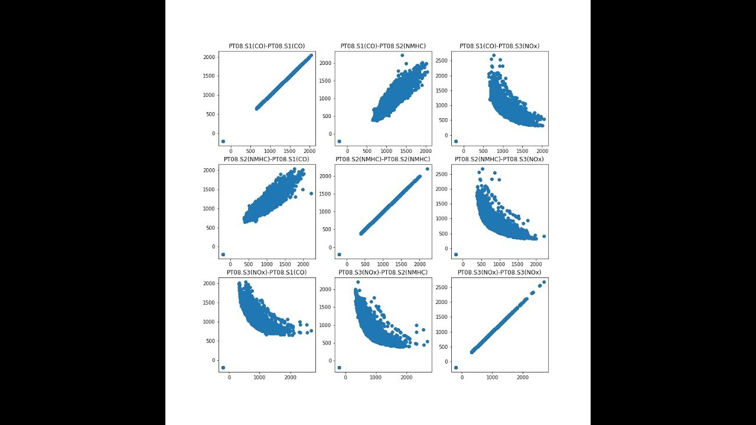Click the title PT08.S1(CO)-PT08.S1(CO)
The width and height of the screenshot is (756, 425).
pos(266,46)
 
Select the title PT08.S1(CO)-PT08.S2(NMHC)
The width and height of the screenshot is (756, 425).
pos(383,46)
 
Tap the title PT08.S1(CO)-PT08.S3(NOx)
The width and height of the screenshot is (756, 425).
pos(500,46)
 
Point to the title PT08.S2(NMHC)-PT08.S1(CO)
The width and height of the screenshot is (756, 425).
pos(266,159)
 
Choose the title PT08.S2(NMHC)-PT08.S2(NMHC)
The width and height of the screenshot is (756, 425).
pos(383,159)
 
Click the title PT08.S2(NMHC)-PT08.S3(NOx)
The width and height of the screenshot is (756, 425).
pos(500,159)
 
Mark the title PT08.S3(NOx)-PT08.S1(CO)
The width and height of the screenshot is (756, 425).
pos(266,272)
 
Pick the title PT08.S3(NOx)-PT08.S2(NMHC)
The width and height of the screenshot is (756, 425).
pos(383,272)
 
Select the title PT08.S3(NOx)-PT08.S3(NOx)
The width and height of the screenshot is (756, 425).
pos(500,272)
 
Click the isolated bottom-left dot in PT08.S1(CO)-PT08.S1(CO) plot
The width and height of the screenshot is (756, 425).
pos(223,142)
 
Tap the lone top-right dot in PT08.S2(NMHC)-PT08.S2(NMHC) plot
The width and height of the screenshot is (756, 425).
pos(427,169)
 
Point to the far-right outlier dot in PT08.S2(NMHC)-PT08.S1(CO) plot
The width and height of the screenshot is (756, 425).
pos(311,193)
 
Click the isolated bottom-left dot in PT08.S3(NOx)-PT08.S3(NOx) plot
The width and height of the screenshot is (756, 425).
pos(455,368)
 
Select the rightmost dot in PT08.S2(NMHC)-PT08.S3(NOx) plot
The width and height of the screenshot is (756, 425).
pos(544,236)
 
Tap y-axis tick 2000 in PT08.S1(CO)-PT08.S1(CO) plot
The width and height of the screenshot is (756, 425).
pos(208,57)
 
